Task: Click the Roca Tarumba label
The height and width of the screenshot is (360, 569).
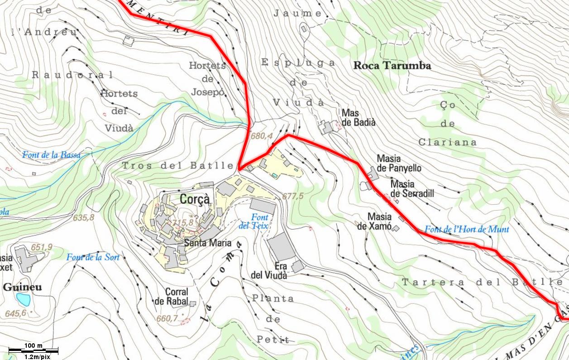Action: (x=392, y=66)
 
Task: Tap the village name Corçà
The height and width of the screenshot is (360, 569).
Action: (x=195, y=199)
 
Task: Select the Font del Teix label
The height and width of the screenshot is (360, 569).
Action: (x=253, y=221)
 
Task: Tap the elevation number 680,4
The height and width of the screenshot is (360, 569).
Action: (x=261, y=136)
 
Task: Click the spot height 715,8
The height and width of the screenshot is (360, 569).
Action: (x=183, y=222)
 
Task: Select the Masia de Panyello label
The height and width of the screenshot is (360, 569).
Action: (x=399, y=163)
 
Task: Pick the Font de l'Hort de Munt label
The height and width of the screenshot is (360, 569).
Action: (x=467, y=230)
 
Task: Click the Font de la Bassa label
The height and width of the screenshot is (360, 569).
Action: (x=51, y=155)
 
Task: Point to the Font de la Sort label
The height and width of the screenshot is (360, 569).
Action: (x=93, y=258)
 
